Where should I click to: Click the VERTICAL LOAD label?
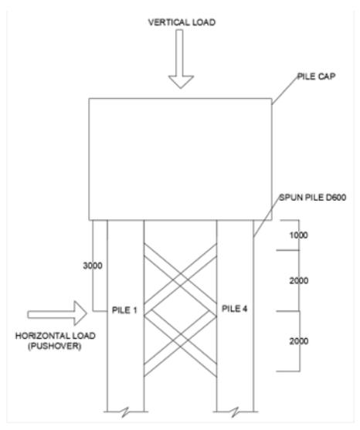[182, 22]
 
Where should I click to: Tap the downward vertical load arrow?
[181, 59]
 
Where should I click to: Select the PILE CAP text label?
[317, 76]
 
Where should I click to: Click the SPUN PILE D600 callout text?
[313, 198]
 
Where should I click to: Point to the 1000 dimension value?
[298, 235]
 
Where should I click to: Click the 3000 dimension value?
[93, 266]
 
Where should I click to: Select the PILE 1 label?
[124, 310]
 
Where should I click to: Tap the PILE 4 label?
[234, 309]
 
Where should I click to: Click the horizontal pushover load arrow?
[57, 313]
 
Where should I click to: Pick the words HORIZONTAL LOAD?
[56, 336]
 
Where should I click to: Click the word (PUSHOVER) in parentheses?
[54, 346]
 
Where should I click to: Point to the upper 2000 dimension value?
[299, 280]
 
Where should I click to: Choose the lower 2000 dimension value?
[299, 341]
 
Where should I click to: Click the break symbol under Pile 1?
[125, 411]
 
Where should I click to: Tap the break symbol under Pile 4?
[235, 411]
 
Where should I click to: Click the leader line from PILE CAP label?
[285, 90]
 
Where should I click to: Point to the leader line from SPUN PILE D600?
[267, 217]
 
